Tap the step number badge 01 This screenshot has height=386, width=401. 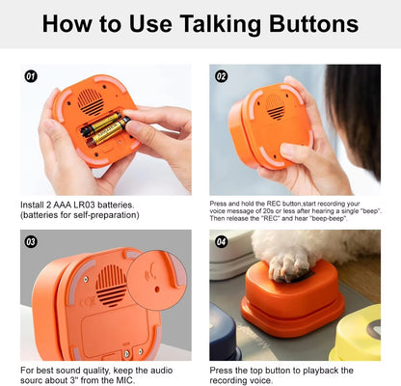pyautogui.click(x=31, y=75)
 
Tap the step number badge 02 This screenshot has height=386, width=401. pyautogui.click(x=221, y=75)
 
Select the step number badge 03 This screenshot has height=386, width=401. pyautogui.click(x=31, y=241)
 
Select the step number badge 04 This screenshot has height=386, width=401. pyautogui.click(x=221, y=241)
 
